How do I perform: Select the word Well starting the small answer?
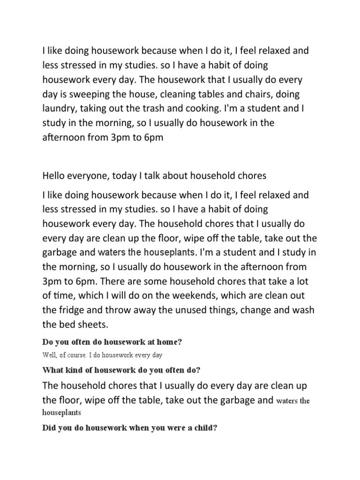(50, 355)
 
